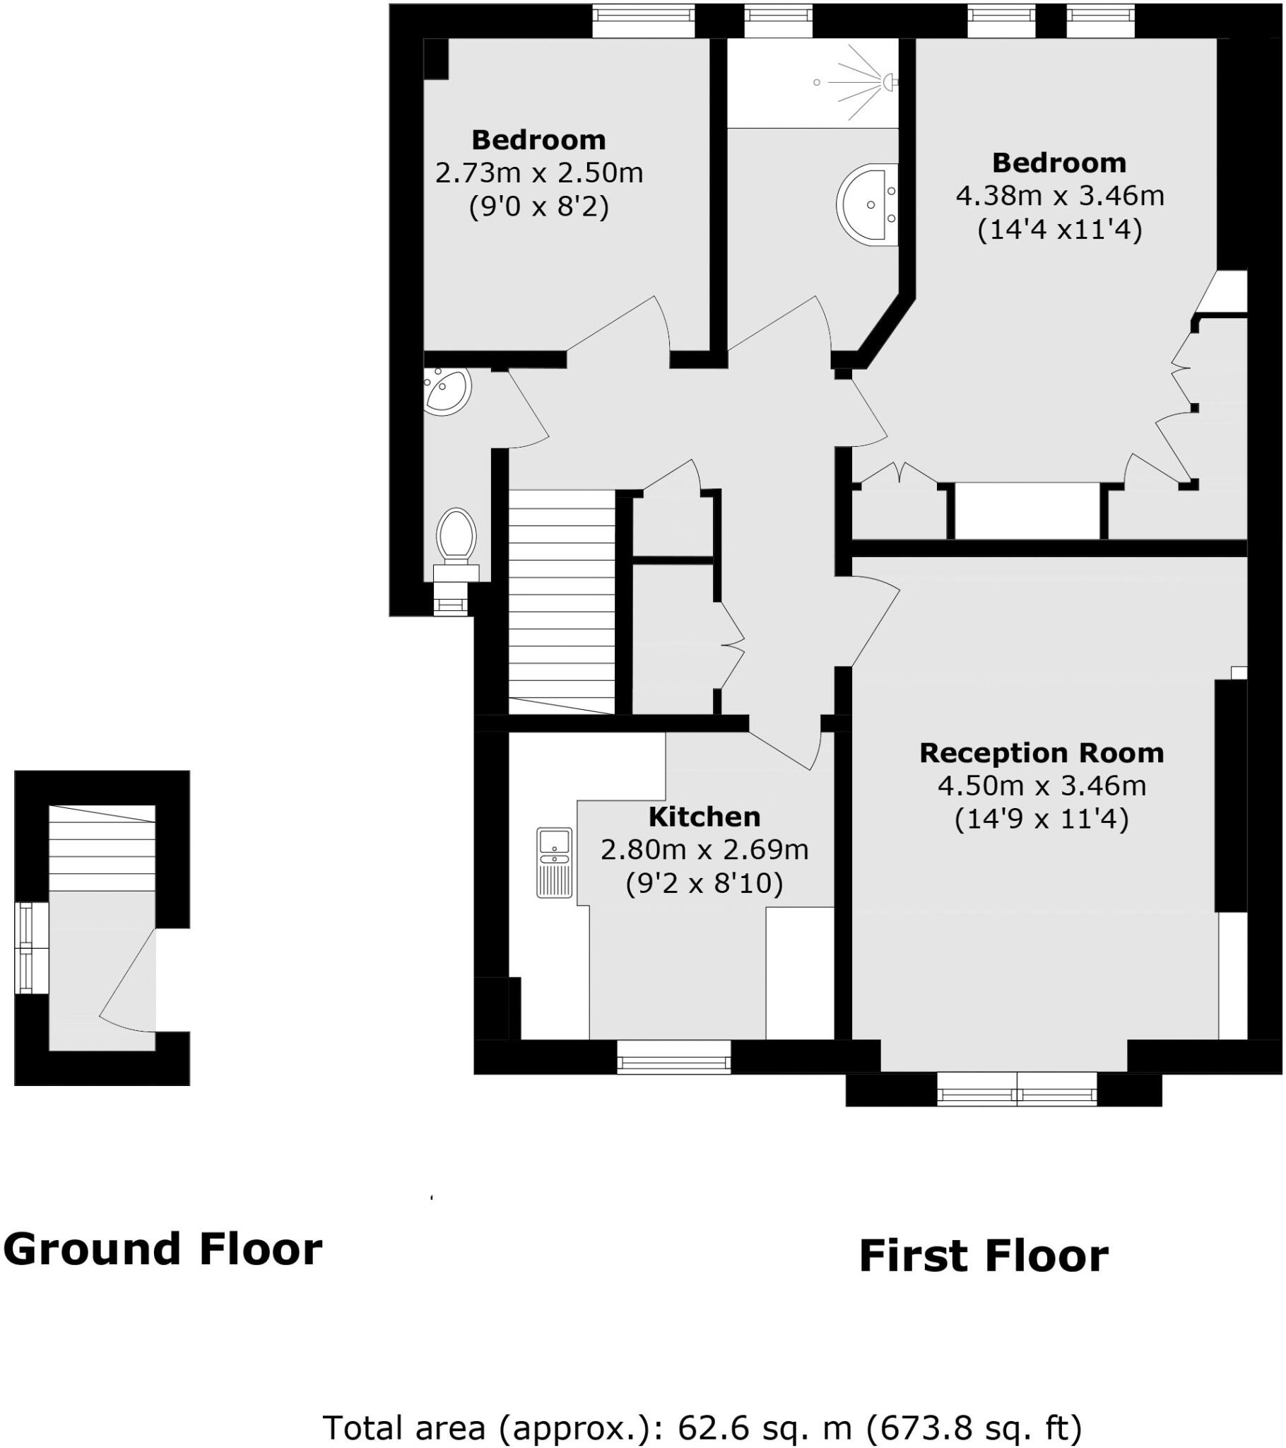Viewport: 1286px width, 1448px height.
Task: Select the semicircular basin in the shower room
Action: (x=869, y=205)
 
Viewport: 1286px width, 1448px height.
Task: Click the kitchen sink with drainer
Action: (x=554, y=862)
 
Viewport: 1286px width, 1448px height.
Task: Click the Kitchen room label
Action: (x=704, y=817)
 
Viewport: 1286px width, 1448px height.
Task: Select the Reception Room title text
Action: (x=1041, y=753)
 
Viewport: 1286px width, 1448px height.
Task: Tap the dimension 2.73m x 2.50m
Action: (x=539, y=173)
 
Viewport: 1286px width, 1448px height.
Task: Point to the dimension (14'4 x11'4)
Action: (x=1059, y=230)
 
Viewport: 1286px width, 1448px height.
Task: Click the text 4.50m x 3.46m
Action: (x=1041, y=786)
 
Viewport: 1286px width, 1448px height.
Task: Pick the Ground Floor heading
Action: (x=163, y=1249)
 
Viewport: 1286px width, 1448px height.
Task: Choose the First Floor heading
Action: (x=983, y=1256)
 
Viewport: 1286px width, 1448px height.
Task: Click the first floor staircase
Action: (x=562, y=602)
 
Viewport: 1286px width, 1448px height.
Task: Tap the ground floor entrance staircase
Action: (x=102, y=848)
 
